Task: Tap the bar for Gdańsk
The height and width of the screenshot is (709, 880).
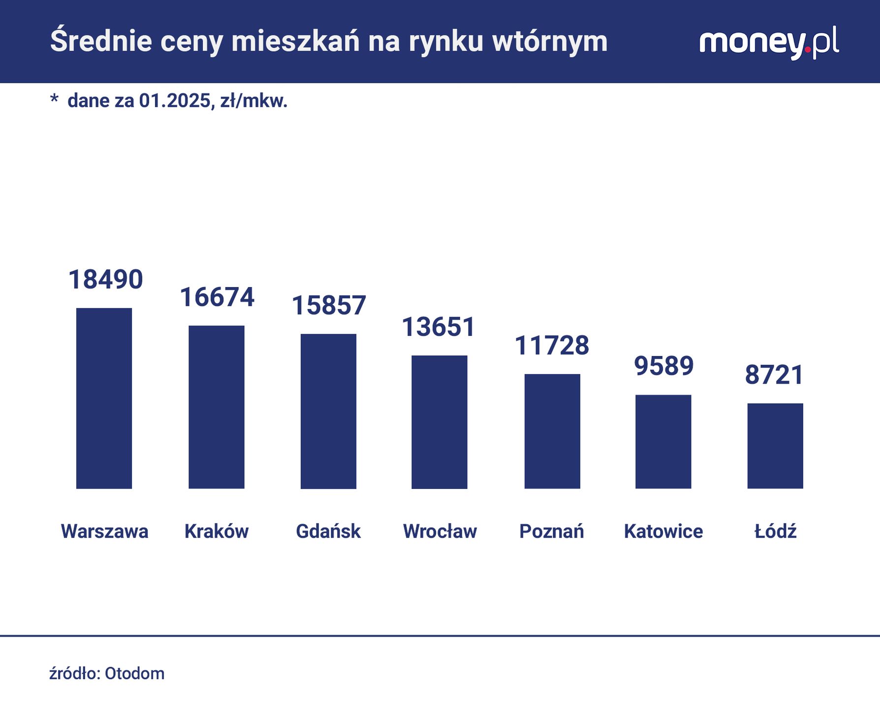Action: (328, 411)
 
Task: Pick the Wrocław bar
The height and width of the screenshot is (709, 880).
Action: (439, 422)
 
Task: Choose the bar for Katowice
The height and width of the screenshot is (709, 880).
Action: (663, 442)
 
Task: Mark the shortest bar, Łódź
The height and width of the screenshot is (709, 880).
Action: (775, 446)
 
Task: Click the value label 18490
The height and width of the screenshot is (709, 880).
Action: (105, 280)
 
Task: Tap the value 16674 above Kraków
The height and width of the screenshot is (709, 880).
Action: (217, 297)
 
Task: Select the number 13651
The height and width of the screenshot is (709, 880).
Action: (439, 327)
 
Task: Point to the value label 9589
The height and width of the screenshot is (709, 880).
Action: (663, 366)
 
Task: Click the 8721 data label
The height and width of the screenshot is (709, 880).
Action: (774, 375)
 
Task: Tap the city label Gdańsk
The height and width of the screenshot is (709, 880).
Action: (328, 531)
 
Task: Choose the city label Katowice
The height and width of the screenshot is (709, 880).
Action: (663, 531)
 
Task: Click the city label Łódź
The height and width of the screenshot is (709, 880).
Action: (775, 531)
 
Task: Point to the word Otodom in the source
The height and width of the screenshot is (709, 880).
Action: (134, 673)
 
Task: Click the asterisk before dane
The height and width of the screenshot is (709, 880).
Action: (54, 99)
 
